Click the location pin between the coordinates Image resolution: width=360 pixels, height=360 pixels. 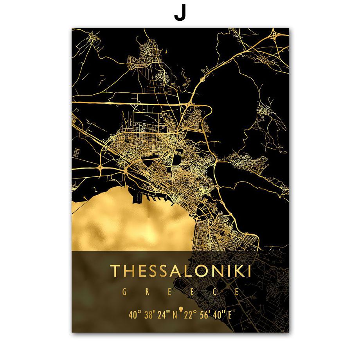pos(180,311)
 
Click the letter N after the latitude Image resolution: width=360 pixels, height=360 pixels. pos(175,314)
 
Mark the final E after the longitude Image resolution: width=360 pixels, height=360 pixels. pos(230,314)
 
